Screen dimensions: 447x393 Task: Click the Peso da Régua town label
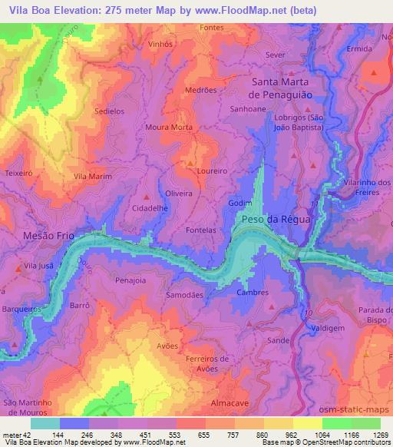pos(276,219)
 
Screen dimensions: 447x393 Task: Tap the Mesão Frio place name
pos(49,236)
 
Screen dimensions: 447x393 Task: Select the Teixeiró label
pos(18,174)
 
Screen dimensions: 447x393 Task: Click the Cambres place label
pos(253,293)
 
